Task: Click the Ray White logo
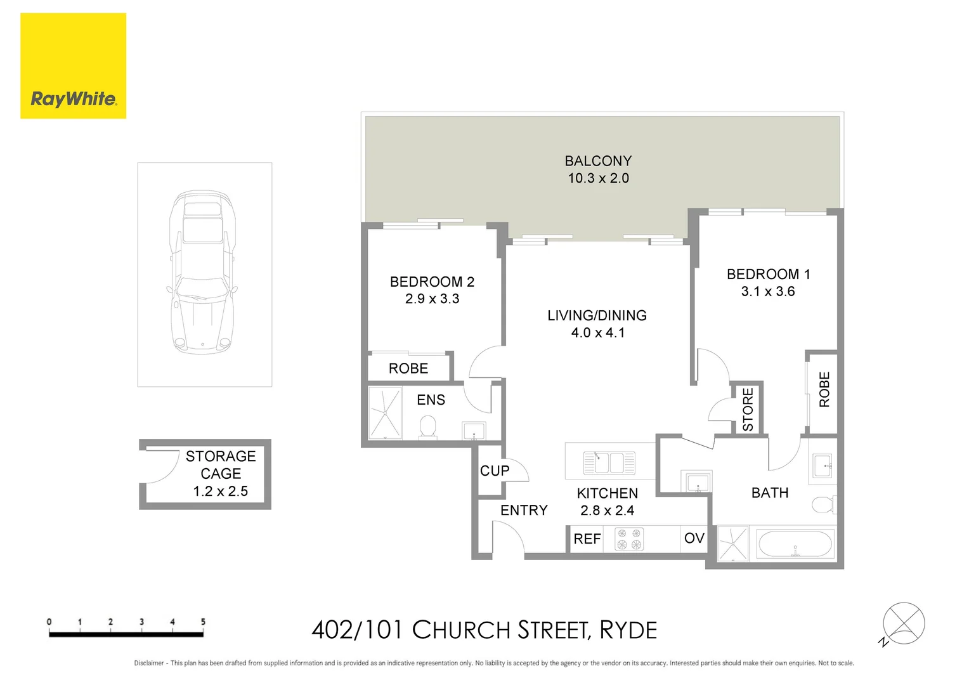coord(73,66)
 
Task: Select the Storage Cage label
coord(220,465)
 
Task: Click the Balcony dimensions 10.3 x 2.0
coord(598,178)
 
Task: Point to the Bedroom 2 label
coord(432,282)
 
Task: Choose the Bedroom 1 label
coord(768,274)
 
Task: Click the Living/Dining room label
coord(597,315)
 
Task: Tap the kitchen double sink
coord(609,463)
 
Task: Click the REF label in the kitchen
coord(587,539)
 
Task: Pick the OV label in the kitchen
coord(694,538)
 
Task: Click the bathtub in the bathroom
coord(795,544)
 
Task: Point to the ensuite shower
coord(385,414)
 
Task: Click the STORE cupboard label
coord(748,409)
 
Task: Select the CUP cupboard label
coord(495,471)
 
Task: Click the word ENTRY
coord(524,510)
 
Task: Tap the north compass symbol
coord(903,623)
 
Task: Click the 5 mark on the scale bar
coord(203,622)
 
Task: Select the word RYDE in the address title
coord(628,630)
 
